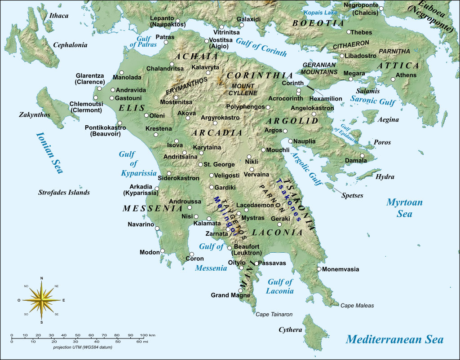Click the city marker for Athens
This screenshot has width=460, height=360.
pyautogui.click(x=393, y=79)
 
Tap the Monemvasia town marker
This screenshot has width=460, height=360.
pyautogui.click(x=319, y=269)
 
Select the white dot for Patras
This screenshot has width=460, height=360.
pyautogui.click(x=166, y=42)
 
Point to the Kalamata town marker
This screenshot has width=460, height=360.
pyautogui.click(x=209, y=219)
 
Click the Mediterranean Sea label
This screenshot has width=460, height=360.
pyautogui.click(x=395, y=339)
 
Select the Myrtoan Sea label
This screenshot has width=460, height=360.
pyautogui.click(x=404, y=208)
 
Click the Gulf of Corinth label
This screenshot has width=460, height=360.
pyautogui.click(x=261, y=47)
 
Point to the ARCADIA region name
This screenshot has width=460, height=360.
pyautogui.click(x=217, y=133)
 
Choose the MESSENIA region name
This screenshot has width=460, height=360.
pyautogui.click(x=152, y=209)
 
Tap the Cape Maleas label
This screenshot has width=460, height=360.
pyautogui.click(x=357, y=306)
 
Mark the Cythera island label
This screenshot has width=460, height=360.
pyautogui.click(x=290, y=330)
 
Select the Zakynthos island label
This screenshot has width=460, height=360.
pyautogui.click(x=34, y=114)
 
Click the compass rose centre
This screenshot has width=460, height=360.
pyautogui.click(x=42, y=300)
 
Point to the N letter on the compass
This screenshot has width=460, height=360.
pyautogui.click(x=42, y=278)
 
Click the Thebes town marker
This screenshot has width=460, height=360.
pyautogui.click(x=349, y=32)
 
